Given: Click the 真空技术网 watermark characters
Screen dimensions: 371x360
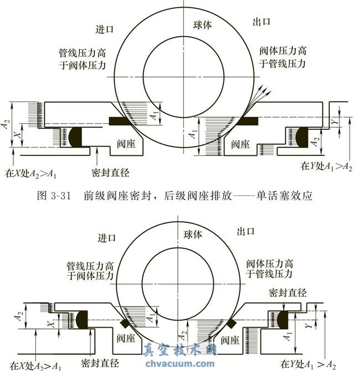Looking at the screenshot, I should click(x=179, y=350).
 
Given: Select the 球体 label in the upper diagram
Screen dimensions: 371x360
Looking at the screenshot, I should click(x=203, y=25).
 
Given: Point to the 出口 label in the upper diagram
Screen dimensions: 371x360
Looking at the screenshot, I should click(x=261, y=23).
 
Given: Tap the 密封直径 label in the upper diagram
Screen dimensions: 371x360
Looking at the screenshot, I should click(x=109, y=173).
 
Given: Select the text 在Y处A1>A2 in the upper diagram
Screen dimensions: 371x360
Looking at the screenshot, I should click(x=326, y=166).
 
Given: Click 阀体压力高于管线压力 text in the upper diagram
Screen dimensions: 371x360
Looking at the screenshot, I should click(x=283, y=57).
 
